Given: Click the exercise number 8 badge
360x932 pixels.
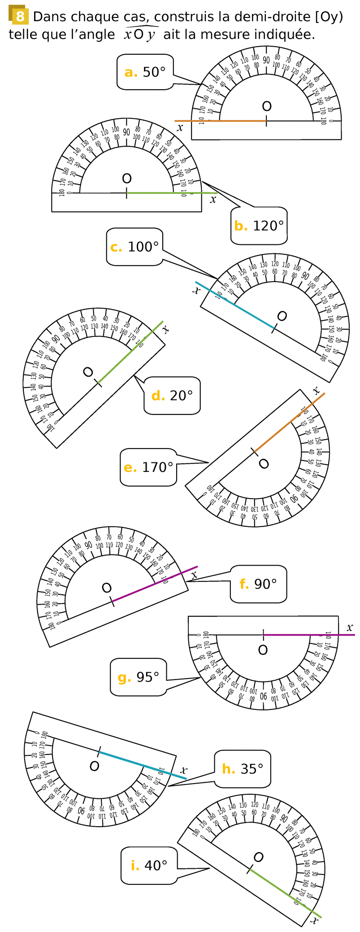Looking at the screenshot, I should click(18, 16).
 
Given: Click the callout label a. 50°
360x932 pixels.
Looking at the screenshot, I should click(145, 72).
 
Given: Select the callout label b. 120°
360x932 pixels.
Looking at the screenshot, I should click(259, 226).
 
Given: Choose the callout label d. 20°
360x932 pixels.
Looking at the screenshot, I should click(172, 395).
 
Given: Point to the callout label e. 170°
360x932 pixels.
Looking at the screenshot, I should click(148, 467).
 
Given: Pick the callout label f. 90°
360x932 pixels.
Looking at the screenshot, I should click(258, 584).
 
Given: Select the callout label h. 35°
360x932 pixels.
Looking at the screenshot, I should click(243, 769).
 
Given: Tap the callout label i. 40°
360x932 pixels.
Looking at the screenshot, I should click(149, 865).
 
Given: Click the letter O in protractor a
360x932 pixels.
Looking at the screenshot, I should click(267, 106).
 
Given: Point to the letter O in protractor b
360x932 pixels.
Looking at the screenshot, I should click(127, 179).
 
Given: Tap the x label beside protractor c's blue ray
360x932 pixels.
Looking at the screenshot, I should click(196, 290).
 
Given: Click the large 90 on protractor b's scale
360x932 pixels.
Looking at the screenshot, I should click(126, 132).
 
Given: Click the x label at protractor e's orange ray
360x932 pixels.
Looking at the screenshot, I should click(316, 390).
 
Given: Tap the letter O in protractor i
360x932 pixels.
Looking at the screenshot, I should click(258, 857).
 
